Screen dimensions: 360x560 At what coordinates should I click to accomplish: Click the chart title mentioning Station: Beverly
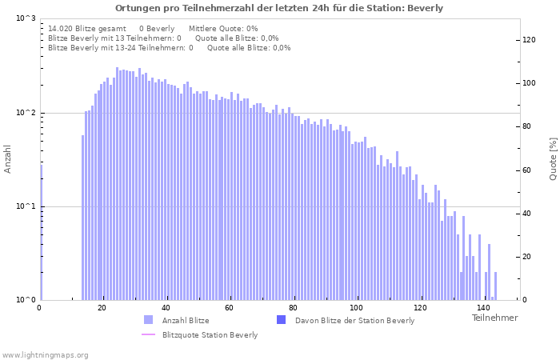pos(279,8)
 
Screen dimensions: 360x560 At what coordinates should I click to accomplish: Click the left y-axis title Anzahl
pos(8,159)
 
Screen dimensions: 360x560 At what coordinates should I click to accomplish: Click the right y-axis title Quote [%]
pos(553,158)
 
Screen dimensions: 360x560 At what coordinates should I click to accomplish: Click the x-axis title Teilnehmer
pos(494,318)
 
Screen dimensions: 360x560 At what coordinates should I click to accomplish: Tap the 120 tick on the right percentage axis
pos(529,39)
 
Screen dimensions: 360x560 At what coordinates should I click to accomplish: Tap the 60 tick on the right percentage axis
pos(527,170)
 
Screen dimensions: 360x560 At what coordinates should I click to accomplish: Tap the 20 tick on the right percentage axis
pos(527,257)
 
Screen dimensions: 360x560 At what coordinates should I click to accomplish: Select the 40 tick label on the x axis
pos(166,308)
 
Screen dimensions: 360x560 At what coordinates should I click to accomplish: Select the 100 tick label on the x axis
pos(356,308)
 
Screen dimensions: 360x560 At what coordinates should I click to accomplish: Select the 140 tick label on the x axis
pos(482,308)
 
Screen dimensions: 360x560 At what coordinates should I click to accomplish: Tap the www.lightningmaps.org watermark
pos(46,354)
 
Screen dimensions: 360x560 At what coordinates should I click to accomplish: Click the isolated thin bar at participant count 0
pos(41,232)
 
